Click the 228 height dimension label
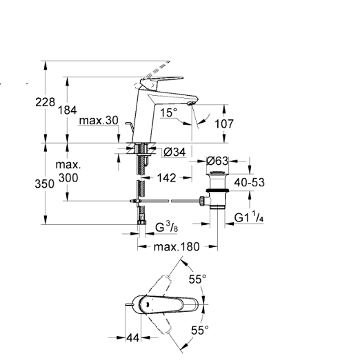click(45, 102)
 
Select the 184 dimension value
click(67, 110)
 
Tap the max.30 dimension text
click(99, 120)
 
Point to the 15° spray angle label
click(169, 112)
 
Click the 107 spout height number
click(224, 124)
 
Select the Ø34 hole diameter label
click(174, 152)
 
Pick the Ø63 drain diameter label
click(217, 161)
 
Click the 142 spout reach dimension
click(166, 178)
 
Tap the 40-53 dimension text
click(249, 182)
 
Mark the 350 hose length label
click(44, 184)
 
